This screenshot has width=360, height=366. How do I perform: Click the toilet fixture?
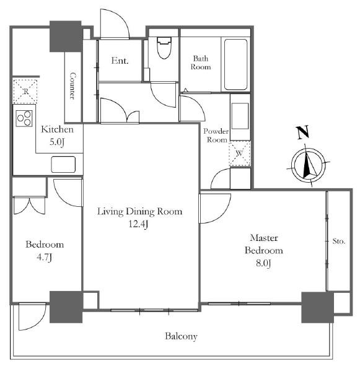[x=164, y=48]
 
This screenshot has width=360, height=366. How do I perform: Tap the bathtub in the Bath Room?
[x=235, y=64]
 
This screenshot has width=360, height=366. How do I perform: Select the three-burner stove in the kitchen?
[x=24, y=118]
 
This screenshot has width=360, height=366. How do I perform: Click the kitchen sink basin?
[x=63, y=164]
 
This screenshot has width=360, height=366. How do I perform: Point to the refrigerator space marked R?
[x=25, y=91]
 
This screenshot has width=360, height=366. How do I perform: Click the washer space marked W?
[x=240, y=154]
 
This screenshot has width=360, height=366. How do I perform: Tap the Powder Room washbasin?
[x=240, y=116]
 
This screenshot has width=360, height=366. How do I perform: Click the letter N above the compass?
[x=302, y=133]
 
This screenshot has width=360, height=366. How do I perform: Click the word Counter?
[x=73, y=86]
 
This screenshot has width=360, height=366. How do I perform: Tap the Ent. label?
[x=120, y=61]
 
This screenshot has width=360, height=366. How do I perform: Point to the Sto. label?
[x=339, y=241]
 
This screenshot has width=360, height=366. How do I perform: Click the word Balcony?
[x=181, y=336]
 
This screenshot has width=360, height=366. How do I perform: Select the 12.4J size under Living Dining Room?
[x=139, y=224]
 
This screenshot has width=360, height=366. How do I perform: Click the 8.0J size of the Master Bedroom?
[x=263, y=263]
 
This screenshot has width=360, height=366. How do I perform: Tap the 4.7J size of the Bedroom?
[x=45, y=257]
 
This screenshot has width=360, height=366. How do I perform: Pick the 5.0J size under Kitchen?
[x=57, y=142]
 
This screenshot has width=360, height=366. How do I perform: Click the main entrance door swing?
[x=115, y=24]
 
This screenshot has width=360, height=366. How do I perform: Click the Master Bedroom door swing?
[x=214, y=208]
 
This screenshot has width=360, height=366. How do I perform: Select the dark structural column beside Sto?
[x=317, y=307]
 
